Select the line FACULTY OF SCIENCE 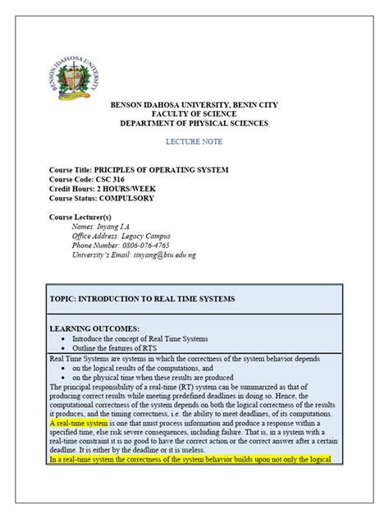[194, 114]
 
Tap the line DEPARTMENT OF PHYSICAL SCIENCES [194, 123]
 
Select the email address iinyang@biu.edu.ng [162, 255]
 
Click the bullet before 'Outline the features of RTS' [64, 347]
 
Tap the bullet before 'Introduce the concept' [64, 338]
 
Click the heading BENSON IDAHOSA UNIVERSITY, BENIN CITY [194, 105]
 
